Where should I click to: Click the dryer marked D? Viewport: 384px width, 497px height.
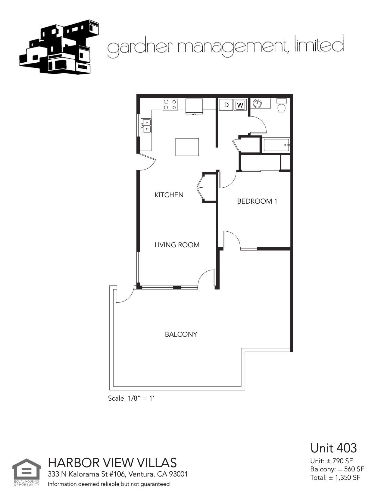[x=226, y=105]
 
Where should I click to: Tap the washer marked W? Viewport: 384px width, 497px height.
[x=240, y=105]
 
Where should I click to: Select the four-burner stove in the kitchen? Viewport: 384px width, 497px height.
[x=170, y=105]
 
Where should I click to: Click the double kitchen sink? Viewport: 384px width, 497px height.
[x=146, y=126]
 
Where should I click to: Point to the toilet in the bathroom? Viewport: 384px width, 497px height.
[x=282, y=105]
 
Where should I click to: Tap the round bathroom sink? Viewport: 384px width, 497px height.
[x=257, y=104]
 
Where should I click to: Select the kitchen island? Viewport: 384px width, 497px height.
[x=187, y=147]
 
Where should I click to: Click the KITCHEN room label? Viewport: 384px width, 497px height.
[x=169, y=195]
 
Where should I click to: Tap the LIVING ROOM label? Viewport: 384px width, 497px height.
[x=177, y=245]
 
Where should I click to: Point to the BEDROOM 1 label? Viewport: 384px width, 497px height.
[x=257, y=201]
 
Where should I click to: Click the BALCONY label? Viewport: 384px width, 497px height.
[x=181, y=334]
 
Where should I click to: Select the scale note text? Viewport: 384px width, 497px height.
[x=131, y=398]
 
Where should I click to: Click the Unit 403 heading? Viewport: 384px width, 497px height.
[x=333, y=448]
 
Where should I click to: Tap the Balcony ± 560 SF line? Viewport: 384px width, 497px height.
[x=337, y=469]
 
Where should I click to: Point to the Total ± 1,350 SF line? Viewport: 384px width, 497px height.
[x=335, y=477]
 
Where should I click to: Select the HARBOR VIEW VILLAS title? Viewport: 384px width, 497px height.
[x=112, y=462]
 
